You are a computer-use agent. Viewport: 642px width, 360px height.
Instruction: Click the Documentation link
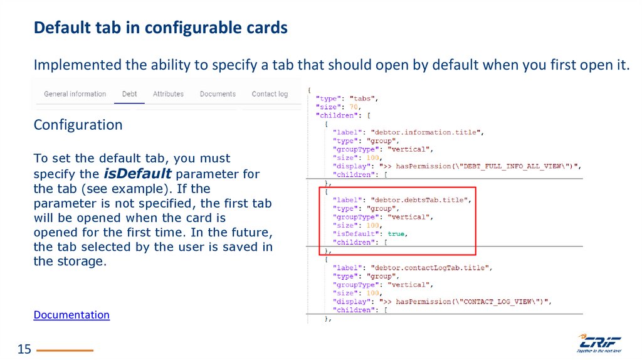(x=71, y=315)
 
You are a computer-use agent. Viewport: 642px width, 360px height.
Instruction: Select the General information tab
(x=75, y=94)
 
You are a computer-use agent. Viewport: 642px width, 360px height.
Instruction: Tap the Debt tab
(x=130, y=94)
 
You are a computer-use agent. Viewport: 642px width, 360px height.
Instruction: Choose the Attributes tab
(x=169, y=94)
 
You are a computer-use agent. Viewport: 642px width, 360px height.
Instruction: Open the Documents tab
(x=218, y=94)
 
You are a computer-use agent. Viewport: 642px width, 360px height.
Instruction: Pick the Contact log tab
(x=270, y=94)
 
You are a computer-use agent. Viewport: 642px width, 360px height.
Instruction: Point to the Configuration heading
(x=78, y=125)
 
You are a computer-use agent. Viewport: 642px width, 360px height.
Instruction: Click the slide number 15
(x=24, y=349)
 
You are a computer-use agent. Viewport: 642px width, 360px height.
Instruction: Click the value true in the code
(x=397, y=233)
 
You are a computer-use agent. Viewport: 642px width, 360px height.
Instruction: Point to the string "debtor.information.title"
(x=426, y=132)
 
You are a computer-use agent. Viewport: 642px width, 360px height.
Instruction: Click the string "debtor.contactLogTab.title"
(x=431, y=267)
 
